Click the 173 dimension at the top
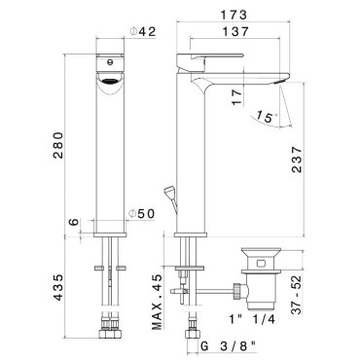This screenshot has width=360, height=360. (234, 15)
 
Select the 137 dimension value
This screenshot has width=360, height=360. (235, 32)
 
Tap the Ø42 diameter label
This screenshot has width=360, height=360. (143, 31)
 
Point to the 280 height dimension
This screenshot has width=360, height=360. (58, 145)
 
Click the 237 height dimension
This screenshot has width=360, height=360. (297, 160)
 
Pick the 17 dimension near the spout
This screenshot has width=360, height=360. (237, 97)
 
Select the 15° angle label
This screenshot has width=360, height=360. (266, 116)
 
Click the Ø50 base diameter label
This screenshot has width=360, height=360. (141, 214)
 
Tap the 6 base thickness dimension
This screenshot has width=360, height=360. (74, 222)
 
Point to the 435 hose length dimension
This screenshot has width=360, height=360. (58, 288)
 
